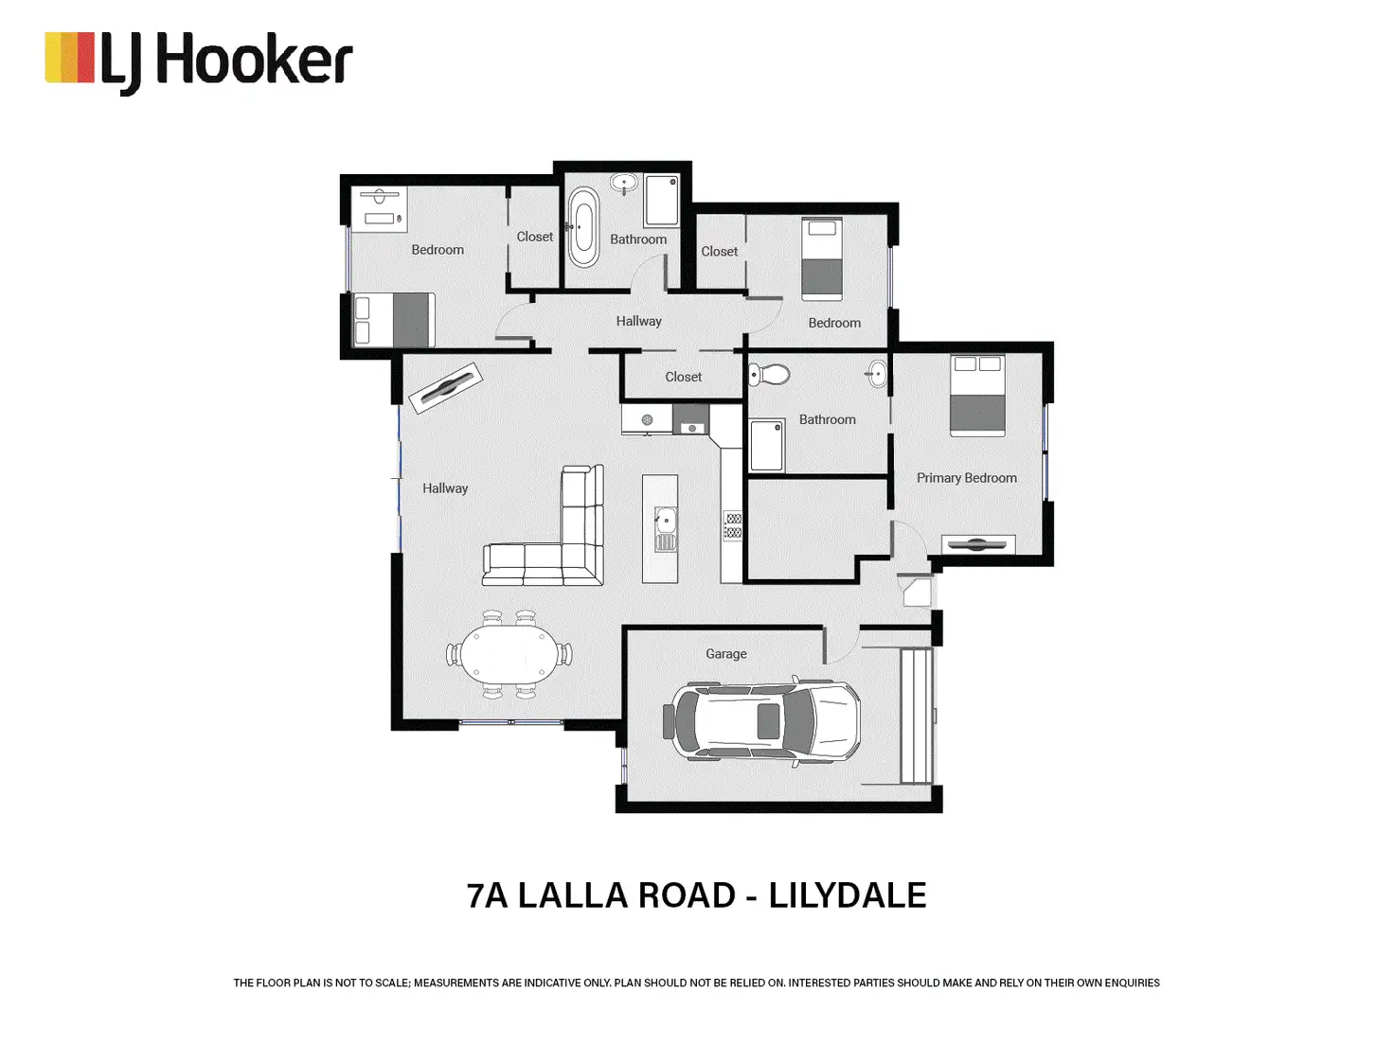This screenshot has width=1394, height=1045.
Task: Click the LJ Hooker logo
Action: coord(198,62)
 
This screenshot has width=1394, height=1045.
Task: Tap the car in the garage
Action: coord(761,722)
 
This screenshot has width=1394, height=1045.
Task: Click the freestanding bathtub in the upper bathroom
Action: coord(583,226)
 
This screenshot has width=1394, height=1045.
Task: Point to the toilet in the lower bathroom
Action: coord(769,374)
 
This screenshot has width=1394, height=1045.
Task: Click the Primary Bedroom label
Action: coord(966,478)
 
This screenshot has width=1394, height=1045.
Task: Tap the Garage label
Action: coord(726,653)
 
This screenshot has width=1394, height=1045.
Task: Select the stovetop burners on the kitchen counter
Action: coord(733,526)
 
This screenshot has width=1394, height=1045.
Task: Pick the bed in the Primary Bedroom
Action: coord(977,396)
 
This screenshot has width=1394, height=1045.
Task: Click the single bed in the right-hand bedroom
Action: coord(822,258)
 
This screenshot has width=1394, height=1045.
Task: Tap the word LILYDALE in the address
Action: coord(848,895)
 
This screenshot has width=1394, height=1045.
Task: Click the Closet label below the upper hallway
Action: coord(684,377)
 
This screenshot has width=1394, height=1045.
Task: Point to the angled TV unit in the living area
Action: coord(445,388)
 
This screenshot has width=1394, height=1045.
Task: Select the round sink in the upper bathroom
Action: coord(624,184)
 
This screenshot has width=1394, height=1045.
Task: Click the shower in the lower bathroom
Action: coord(766,446)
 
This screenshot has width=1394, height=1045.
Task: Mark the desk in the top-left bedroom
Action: coord(379,209)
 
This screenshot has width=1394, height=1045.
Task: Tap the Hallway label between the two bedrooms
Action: coord(638,321)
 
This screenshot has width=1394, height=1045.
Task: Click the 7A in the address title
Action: coord(487,895)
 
